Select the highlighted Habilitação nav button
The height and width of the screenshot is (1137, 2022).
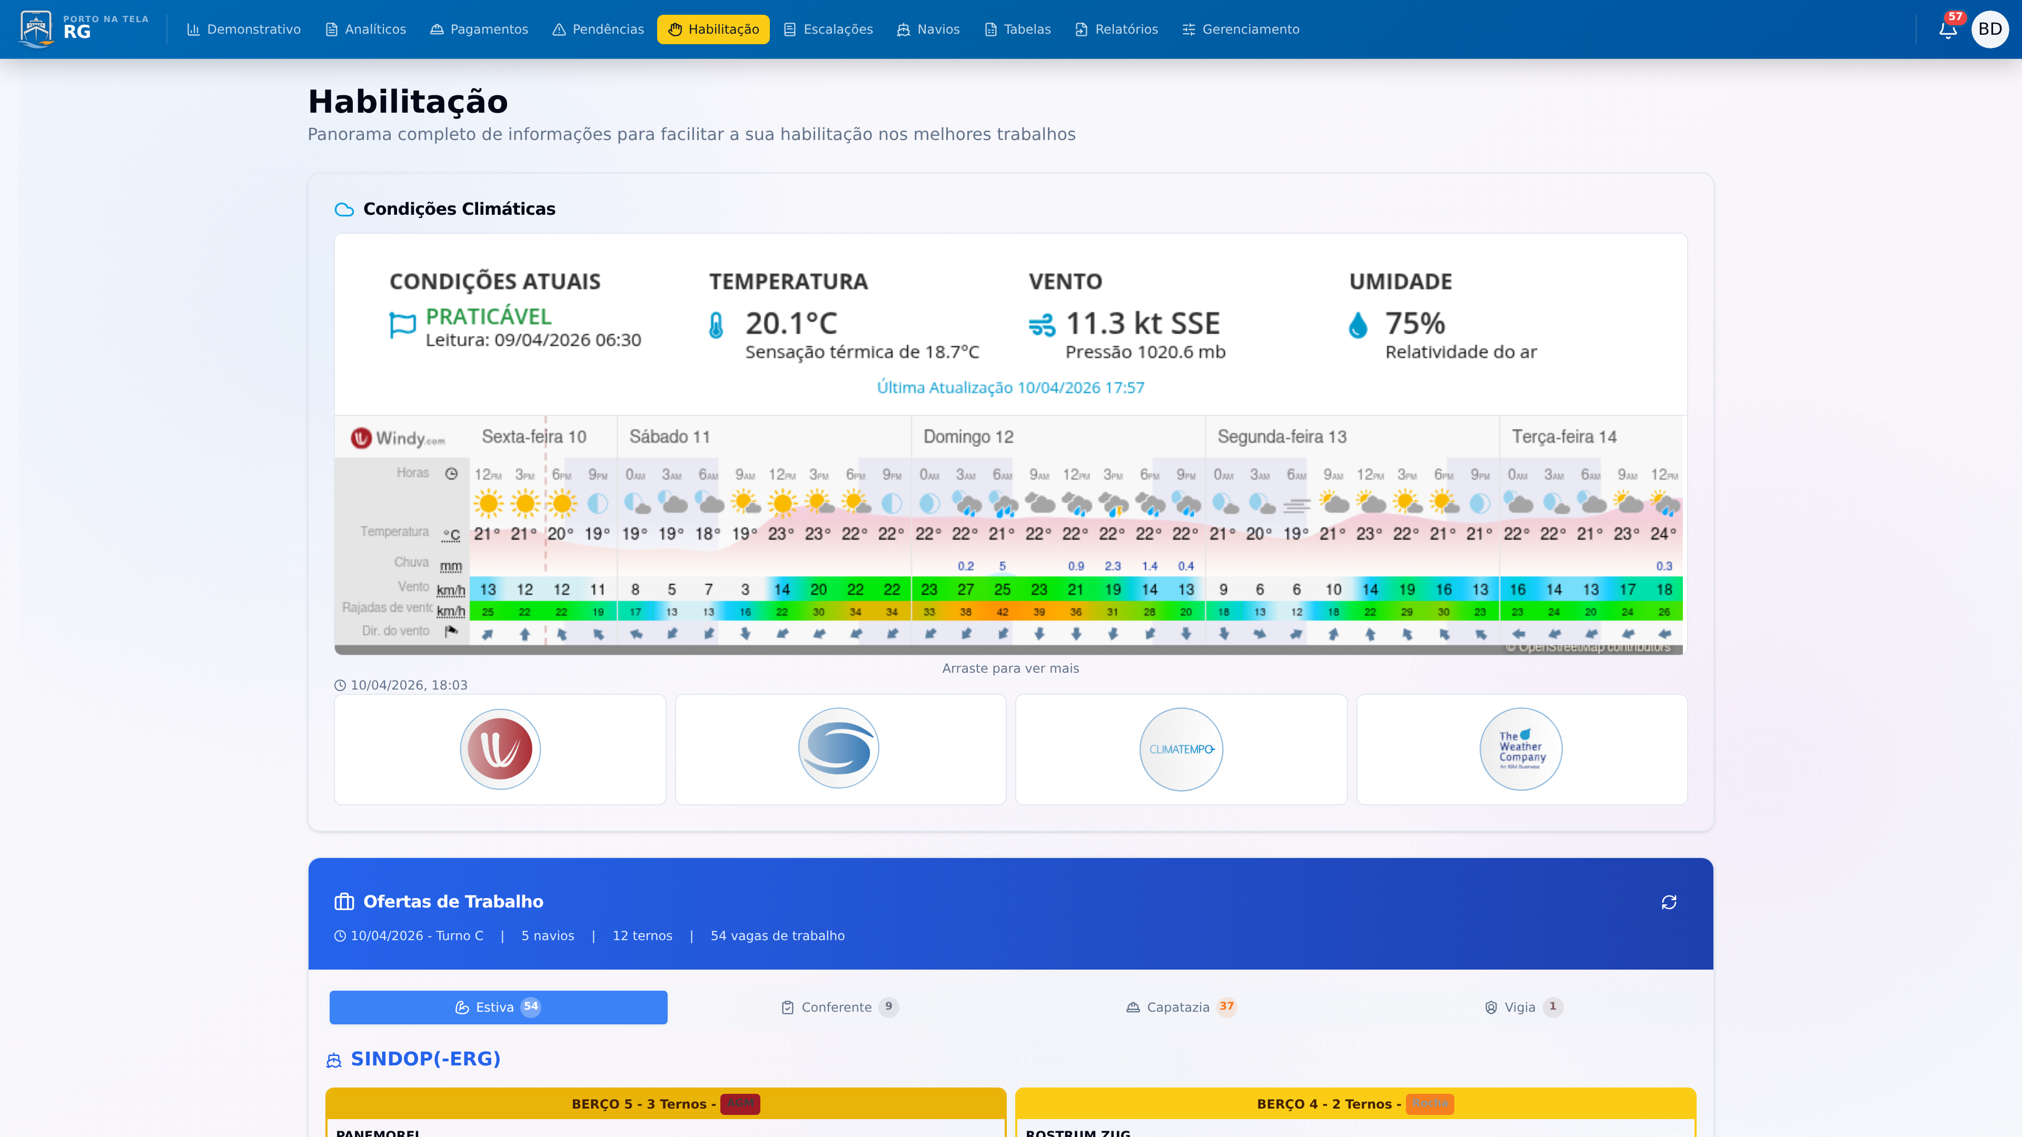pos(713,29)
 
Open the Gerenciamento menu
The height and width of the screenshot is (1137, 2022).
pos(1241,29)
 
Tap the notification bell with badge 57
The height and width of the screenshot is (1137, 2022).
pos(1947,30)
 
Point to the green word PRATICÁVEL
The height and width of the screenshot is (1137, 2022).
pos(488,316)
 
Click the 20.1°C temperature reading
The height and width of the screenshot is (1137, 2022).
pos(791,323)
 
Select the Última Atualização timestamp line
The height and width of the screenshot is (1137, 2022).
pos(1010,387)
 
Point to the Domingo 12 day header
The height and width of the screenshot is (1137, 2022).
pos(968,437)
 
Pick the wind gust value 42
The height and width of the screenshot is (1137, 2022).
pos(1003,612)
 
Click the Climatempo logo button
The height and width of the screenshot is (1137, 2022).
pos(1181,750)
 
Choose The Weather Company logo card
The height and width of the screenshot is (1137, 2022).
pos(1521,750)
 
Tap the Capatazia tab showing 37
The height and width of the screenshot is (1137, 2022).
pos(1179,1007)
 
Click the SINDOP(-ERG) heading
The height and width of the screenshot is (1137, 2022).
pos(425,1059)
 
